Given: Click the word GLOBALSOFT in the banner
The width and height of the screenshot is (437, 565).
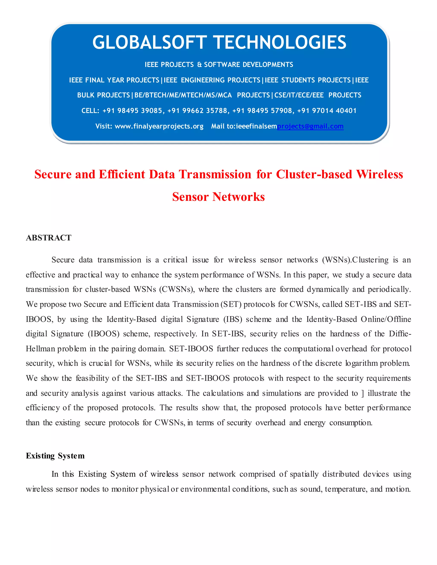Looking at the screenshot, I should [149, 43].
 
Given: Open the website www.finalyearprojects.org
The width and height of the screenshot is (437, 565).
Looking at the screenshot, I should [159, 126].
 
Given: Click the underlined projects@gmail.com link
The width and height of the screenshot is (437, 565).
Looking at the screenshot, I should [310, 126].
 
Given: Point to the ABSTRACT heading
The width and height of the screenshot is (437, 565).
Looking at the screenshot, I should [49, 238].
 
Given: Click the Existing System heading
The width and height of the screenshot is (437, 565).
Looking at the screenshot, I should [55, 456].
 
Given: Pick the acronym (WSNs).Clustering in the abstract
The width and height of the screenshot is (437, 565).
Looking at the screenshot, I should [355, 260].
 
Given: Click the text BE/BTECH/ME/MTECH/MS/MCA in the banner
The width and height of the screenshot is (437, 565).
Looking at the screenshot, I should [183, 95].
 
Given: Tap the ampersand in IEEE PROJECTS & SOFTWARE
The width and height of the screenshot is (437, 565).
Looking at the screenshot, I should [199, 65].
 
